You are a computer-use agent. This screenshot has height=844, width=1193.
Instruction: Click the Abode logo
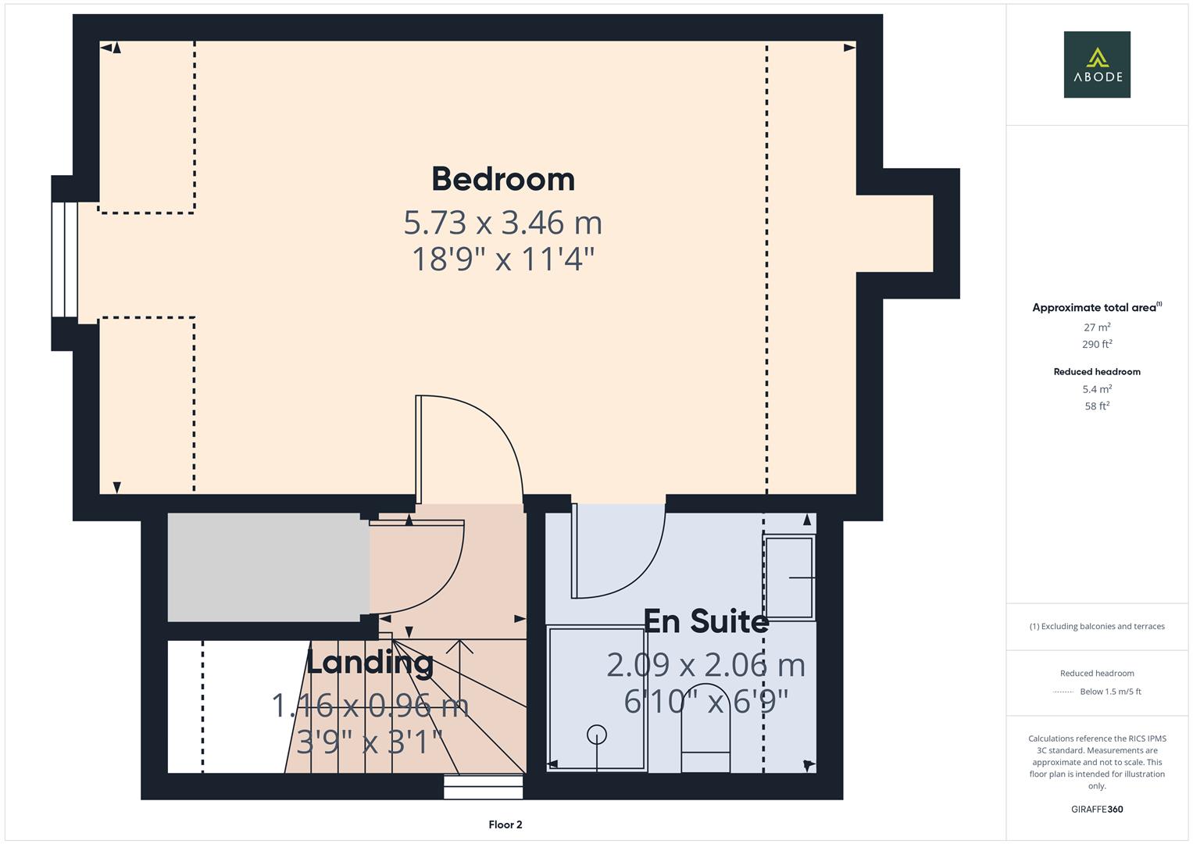1097,65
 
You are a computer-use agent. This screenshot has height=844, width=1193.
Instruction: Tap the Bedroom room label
503,179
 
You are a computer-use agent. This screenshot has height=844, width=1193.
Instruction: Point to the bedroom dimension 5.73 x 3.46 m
503,223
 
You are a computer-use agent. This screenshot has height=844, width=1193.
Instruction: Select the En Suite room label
706,621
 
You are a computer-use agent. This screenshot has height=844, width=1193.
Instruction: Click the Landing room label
370,663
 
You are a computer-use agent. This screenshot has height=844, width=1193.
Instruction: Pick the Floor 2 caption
505,824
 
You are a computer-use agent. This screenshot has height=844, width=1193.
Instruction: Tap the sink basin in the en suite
790,577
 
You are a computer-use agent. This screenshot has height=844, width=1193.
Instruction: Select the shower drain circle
597,735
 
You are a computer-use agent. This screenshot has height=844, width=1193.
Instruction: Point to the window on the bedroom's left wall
64,259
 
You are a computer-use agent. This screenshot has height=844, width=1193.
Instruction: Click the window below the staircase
483,786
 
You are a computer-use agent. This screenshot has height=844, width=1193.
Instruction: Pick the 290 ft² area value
1097,344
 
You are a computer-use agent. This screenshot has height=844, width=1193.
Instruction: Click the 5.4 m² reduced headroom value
1097,389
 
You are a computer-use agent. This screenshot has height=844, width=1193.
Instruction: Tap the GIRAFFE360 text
1097,810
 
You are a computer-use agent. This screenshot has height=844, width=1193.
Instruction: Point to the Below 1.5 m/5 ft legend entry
1109,692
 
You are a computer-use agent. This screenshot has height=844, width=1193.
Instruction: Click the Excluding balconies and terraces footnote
1097,627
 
